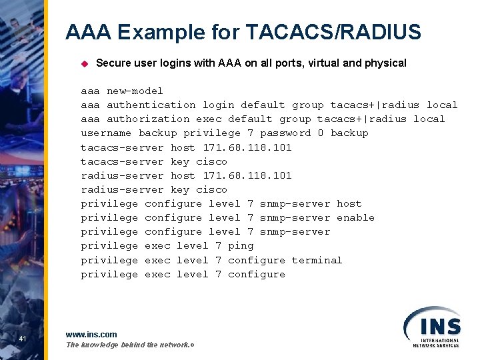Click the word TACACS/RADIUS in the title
[x=333, y=32]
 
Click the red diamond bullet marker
[x=85, y=64]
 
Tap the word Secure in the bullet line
[x=112, y=63]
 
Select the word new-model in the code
[x=135, y=91]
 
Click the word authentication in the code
[x=151, y=105]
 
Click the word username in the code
[x=106, y=133]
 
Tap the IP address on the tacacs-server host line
[x=247, y=147]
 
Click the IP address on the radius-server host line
[x=247, y=175]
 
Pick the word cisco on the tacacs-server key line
[x=211, y=161]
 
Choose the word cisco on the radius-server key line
[x=211, y=189]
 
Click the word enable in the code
[x=355, y=217]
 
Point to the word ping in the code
[x=241, y=245]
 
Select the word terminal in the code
[x=317, y=260]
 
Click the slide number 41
[x=23, y=340]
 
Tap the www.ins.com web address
[x=91, y=334]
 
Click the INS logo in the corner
[x=431, y=326]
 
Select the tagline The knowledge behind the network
[x=129, y=345]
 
